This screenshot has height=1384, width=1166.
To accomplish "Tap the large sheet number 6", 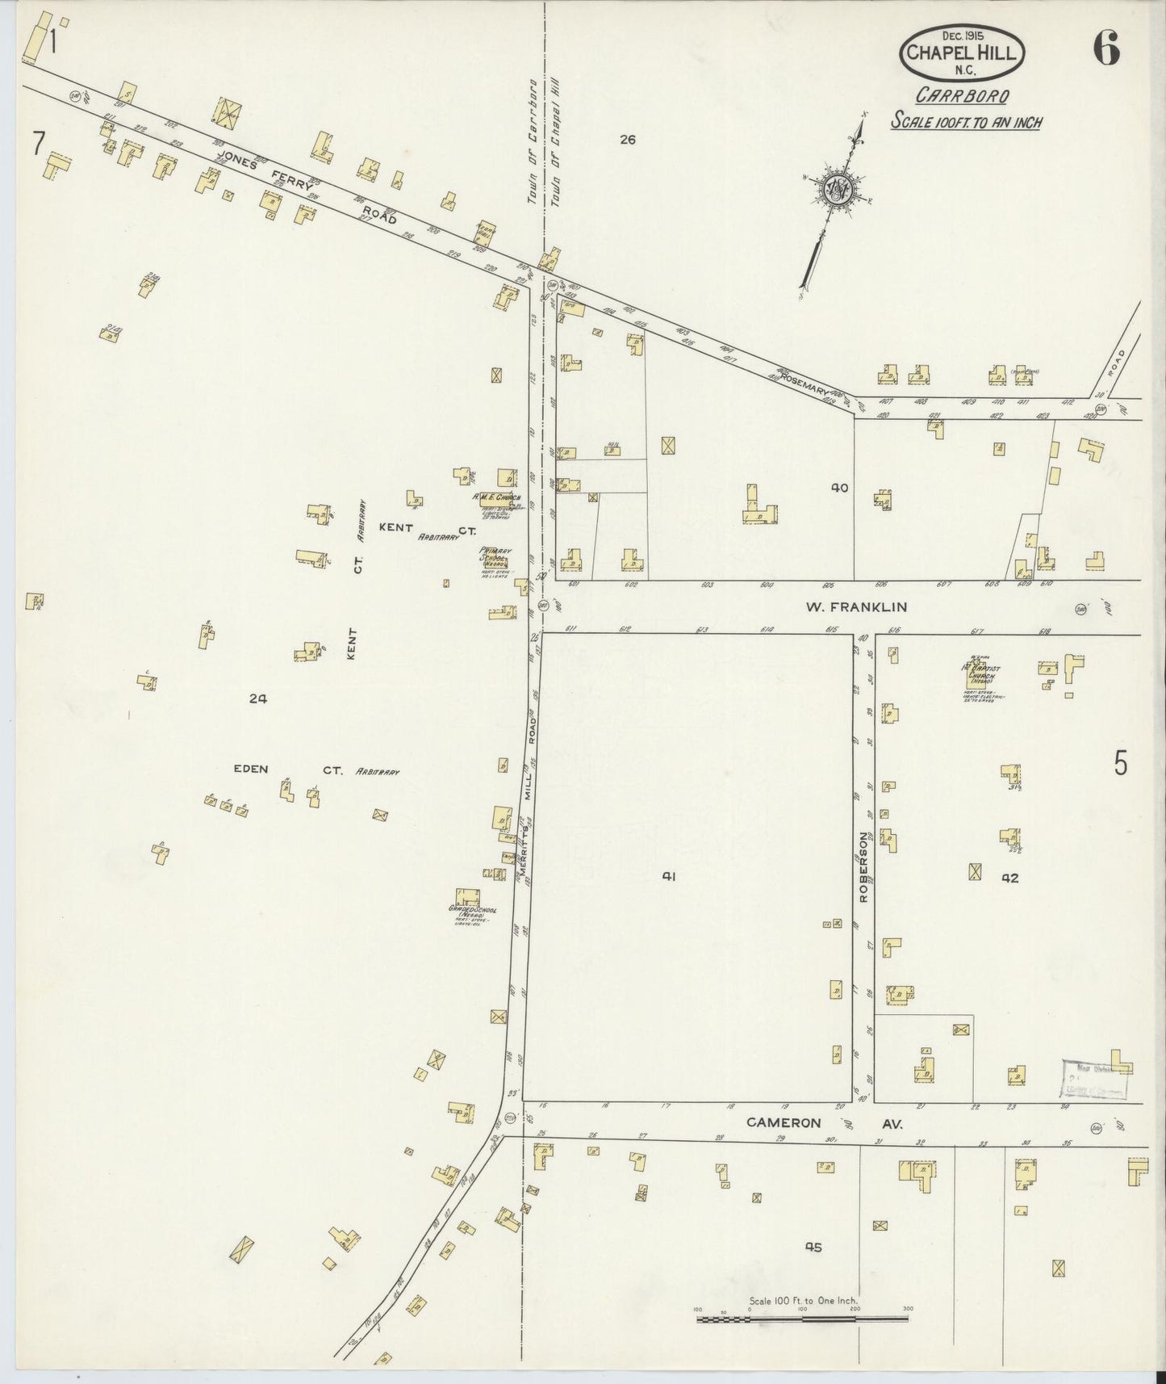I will [x=1106, y=51].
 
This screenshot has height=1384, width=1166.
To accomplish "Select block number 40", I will [x=840, y=488].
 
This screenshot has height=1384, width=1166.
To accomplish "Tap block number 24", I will [x=257, y=699].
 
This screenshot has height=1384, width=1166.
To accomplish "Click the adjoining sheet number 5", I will [x=1120, y=763].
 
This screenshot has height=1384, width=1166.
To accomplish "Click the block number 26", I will [x=628, y=140].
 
